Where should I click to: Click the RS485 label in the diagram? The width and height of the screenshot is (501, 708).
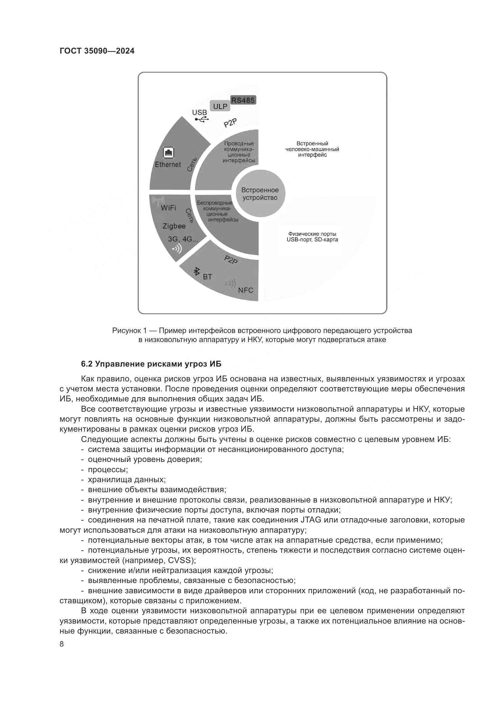[x=243, y=100]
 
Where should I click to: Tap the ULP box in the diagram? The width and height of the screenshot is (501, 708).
[x=220, y=106]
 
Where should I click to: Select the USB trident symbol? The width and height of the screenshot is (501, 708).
[x=202, y=119]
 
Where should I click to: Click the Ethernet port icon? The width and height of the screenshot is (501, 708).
[x=168, y=152]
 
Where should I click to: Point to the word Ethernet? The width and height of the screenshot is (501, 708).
[x=168, y=165]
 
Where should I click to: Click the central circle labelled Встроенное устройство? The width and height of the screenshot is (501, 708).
[x=260, y=194]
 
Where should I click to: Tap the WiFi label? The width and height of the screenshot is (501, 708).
[x=168, y=208]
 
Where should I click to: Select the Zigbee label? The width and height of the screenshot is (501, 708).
[x=174, y=226]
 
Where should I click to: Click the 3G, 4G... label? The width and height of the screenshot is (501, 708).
[x=183, y=239]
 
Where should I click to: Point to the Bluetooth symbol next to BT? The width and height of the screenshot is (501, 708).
[x=196, y=271]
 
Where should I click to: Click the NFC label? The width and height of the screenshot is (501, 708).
[x=246, y=290]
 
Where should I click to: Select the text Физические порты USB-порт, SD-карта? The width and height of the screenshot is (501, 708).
[x=312, y=237]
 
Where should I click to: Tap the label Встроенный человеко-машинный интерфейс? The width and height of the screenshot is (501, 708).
[x=312, y=149]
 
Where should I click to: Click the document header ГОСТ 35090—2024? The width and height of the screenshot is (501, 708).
[x=97, y=51]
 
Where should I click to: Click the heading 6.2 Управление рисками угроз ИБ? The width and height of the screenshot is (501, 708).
[x=151, y=364]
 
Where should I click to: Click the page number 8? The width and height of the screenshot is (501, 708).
[x=62, y=644]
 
